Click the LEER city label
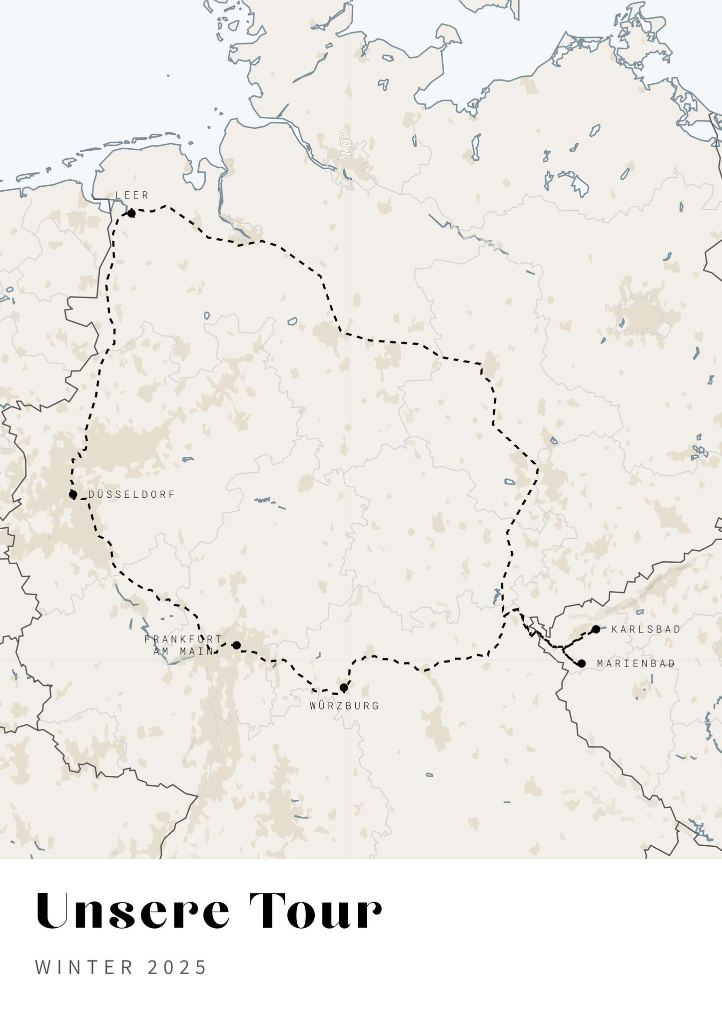tap(132, 195)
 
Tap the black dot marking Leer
tap(131, 214)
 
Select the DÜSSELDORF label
tap(132, 494)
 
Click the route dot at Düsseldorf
tap(73, 495)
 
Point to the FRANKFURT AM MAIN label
tap(183, 645)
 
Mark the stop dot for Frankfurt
tap(237, 646)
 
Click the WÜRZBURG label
tap(344, 705)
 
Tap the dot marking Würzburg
tap(344, 688)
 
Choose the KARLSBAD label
tap(646, 629)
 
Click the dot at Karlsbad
tap(596, 629)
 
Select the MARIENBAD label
tap(636, 664)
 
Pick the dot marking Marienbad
tap(582, 664)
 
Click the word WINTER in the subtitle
tap(84, 967)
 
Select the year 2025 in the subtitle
tap(177, 967)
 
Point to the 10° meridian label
tap(346, 143)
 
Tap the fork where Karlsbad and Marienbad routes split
tap(563, 649)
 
